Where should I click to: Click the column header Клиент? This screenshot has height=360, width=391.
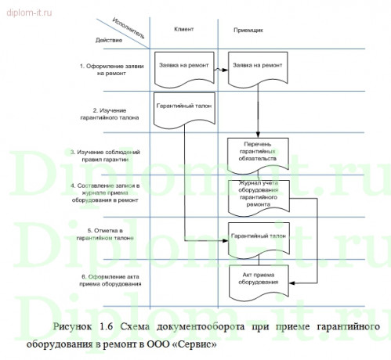point(184,28)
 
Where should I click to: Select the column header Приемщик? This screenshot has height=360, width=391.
point(249,29)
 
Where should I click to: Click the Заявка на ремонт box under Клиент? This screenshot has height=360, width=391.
point(184,67)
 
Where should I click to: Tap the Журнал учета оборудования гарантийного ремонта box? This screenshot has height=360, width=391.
point(258,194)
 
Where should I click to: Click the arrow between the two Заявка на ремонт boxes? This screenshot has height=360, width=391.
point(219,68)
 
